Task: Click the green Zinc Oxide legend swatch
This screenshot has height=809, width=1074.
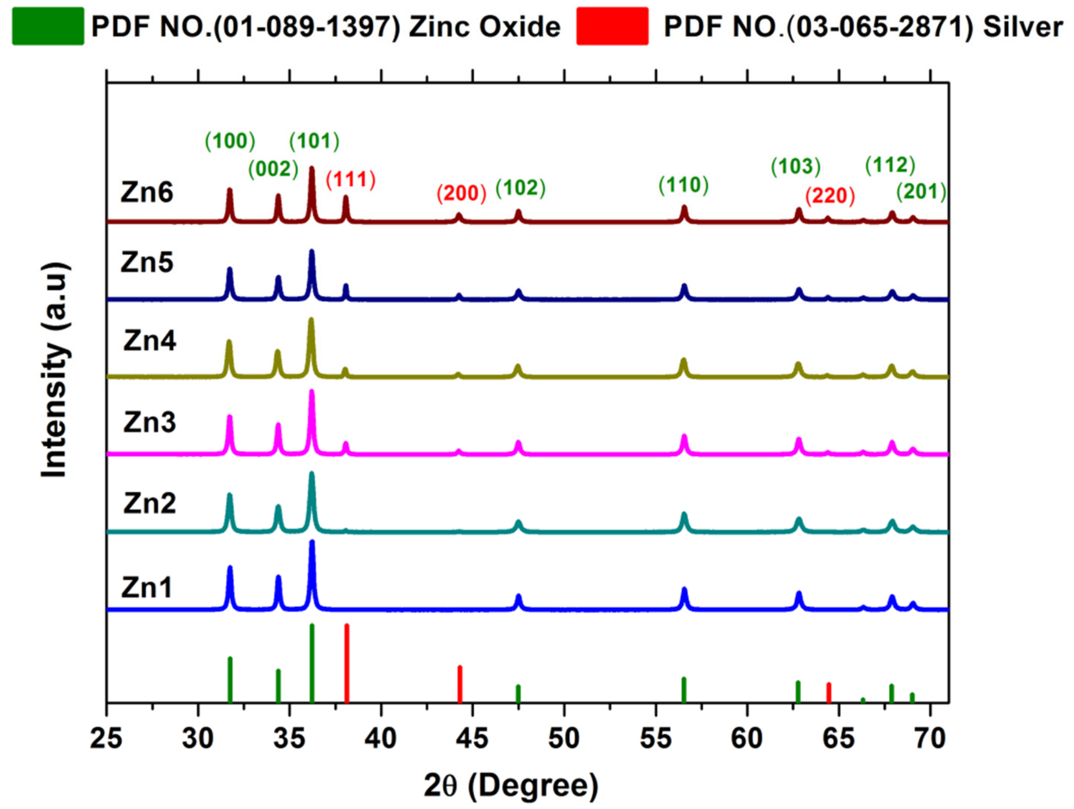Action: tap(48, 26)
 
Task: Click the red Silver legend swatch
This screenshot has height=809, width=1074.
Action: tap(612, 26)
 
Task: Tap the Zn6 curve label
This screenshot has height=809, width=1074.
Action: tap(147, 193)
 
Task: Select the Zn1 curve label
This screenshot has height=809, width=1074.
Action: tap(147, 588)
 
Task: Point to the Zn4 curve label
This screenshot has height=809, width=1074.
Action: tap(150, 341)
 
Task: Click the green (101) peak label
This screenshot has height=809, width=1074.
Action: tap(314, 141)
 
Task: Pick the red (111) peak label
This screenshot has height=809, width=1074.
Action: tap(351, 180)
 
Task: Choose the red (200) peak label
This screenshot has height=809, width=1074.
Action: tap(461, 193)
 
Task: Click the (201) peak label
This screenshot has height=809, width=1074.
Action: tap(921, 192)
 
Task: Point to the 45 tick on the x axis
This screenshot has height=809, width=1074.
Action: tap(472, 739)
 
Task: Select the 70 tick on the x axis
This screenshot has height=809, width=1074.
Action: tap(930, 739)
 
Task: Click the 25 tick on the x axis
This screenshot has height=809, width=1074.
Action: tap(106, 739)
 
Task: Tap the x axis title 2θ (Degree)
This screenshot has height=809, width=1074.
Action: tap(511, 786)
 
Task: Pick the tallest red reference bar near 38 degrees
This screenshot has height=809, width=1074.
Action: tap(347, 663)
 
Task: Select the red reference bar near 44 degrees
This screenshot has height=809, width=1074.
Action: tap(460, 684)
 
